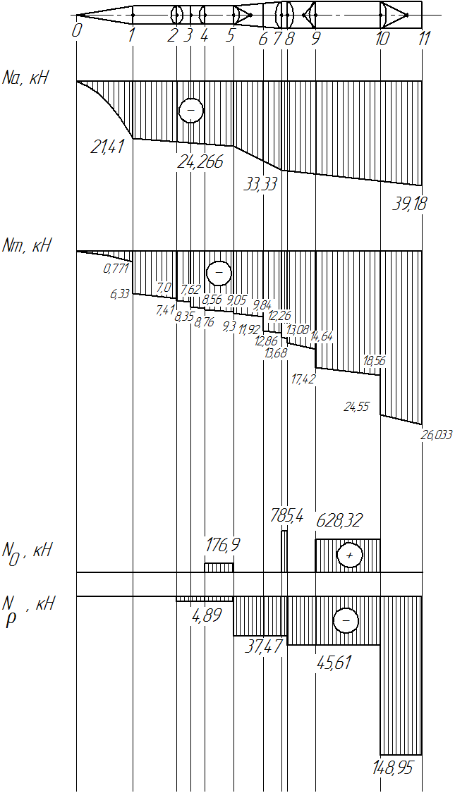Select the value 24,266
click(x=200, y=162)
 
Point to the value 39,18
click(x=409, y=204)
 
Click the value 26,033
click(x=436, y=434)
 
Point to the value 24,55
click(x=356, y=406)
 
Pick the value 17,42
click(x=303, y=379)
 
